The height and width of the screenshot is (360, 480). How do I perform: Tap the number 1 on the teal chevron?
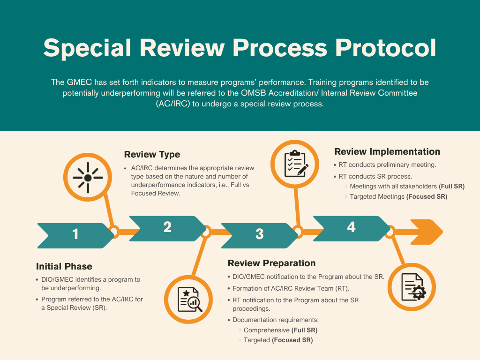(x=75, y=234)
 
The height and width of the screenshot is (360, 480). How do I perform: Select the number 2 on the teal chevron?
(x=167, y=227)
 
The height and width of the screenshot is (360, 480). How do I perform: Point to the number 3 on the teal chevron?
(x=259, y=234)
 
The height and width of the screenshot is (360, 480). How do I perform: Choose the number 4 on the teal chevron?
(x=351, y=227)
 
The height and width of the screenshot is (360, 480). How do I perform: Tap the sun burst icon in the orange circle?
(x=88, y=178)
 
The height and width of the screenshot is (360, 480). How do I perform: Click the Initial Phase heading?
(x=64, y=266)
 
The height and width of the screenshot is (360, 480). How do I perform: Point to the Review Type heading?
(x=152, y=154)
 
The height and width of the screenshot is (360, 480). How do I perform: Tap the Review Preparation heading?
(x=271, y=263)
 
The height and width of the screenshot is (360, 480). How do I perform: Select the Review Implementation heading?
(x=387, y=151)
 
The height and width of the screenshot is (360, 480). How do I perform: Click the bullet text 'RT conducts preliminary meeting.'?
(x=388, y=165)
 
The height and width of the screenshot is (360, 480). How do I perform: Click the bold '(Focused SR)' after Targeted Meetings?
(x=427, y=197)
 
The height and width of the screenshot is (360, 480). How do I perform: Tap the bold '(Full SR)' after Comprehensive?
(x=304, y=330)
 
